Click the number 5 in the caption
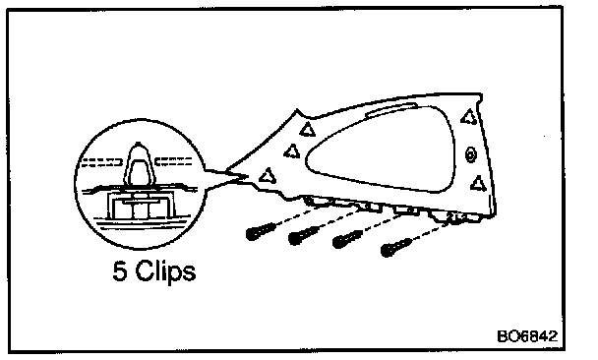(120, 271)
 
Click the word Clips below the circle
(165, 272)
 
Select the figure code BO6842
(527, 336)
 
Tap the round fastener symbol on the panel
(471, 154)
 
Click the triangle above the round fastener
(469, 117)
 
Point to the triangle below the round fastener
(478, 184)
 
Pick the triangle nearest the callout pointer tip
(268, 176)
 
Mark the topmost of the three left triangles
(308, 129)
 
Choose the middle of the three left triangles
(292, 151)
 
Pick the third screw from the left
(347, 240)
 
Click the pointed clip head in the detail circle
(139, 164)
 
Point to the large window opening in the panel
(381, 149)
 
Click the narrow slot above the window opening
(391, 109)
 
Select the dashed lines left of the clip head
(102, 162)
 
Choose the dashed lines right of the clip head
(173, 161)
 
